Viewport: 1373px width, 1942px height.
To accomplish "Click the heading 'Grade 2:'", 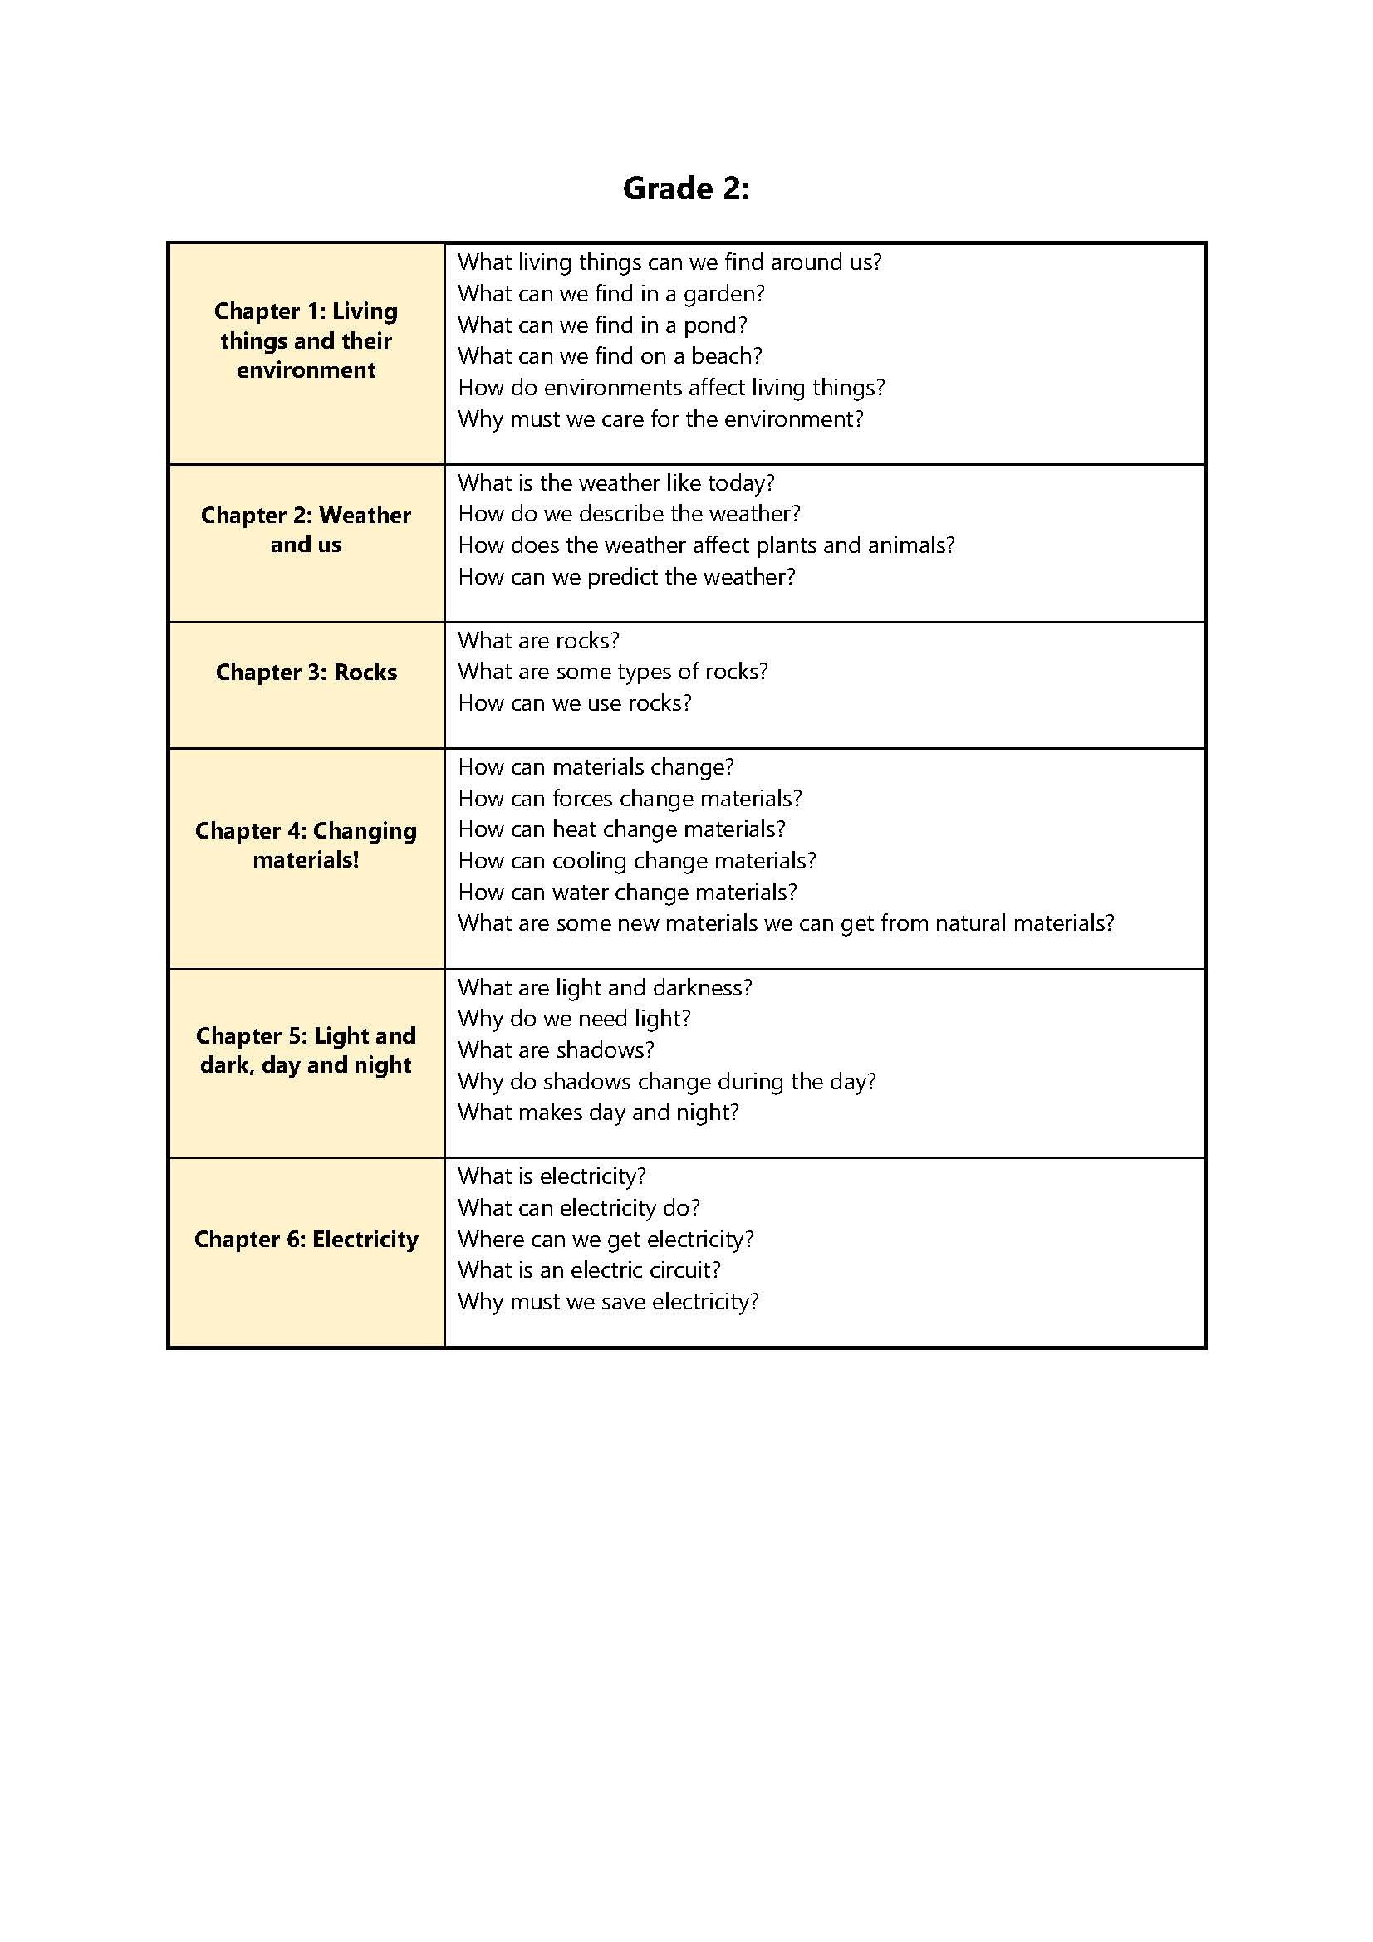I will pyautogui.click(x=685, y=188).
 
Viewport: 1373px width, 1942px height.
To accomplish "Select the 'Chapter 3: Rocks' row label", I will pyautogui.click(x=306, y=672).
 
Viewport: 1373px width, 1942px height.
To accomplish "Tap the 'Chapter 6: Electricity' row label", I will pyautogui.click(x=306, y=1239).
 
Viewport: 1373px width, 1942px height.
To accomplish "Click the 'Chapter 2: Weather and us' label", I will pyautogui.click(x=306, y=530).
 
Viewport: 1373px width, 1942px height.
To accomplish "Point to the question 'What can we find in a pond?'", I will pyautogui.click(x=602, y=325).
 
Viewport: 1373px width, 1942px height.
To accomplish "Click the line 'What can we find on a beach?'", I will pyautogui.click(x=610, y=356).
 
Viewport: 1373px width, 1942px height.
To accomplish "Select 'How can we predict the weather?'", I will pyautogui.click(x=627, y=577).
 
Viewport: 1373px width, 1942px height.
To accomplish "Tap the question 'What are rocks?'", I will pyautogui.click(x=539, y=640).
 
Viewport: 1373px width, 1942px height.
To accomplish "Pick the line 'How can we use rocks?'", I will pyautogui.click(x=575, y=703).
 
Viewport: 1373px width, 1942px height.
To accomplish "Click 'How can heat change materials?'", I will pyautogui.click(x=622, y=829).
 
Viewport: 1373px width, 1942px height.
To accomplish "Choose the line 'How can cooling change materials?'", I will pyautogui.click(x=637, y=860).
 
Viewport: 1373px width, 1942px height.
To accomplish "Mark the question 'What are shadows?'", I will pyautogui.click(x=556, y=1049).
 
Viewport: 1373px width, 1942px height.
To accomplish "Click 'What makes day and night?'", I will pyautogui.click(x=598, y=1113).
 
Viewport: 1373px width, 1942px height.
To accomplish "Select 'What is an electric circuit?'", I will pyautogui.click(x=589, y=1269).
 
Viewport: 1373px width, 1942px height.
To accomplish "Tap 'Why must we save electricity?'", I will pyautogui.click(x=608, y=1301).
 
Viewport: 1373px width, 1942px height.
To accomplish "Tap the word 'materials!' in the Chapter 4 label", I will pyautogui.click(x=306, y=860).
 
